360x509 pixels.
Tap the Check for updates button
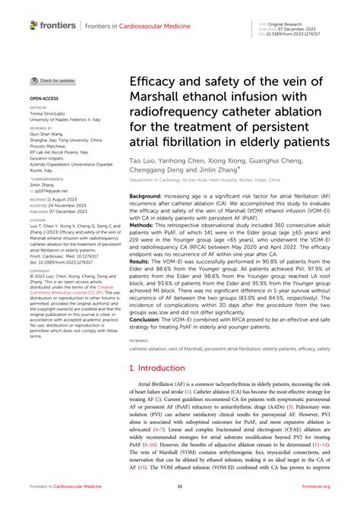coord(52,81)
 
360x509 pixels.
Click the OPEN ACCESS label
coord(44,99)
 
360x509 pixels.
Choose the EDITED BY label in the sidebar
coord(39,108)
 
